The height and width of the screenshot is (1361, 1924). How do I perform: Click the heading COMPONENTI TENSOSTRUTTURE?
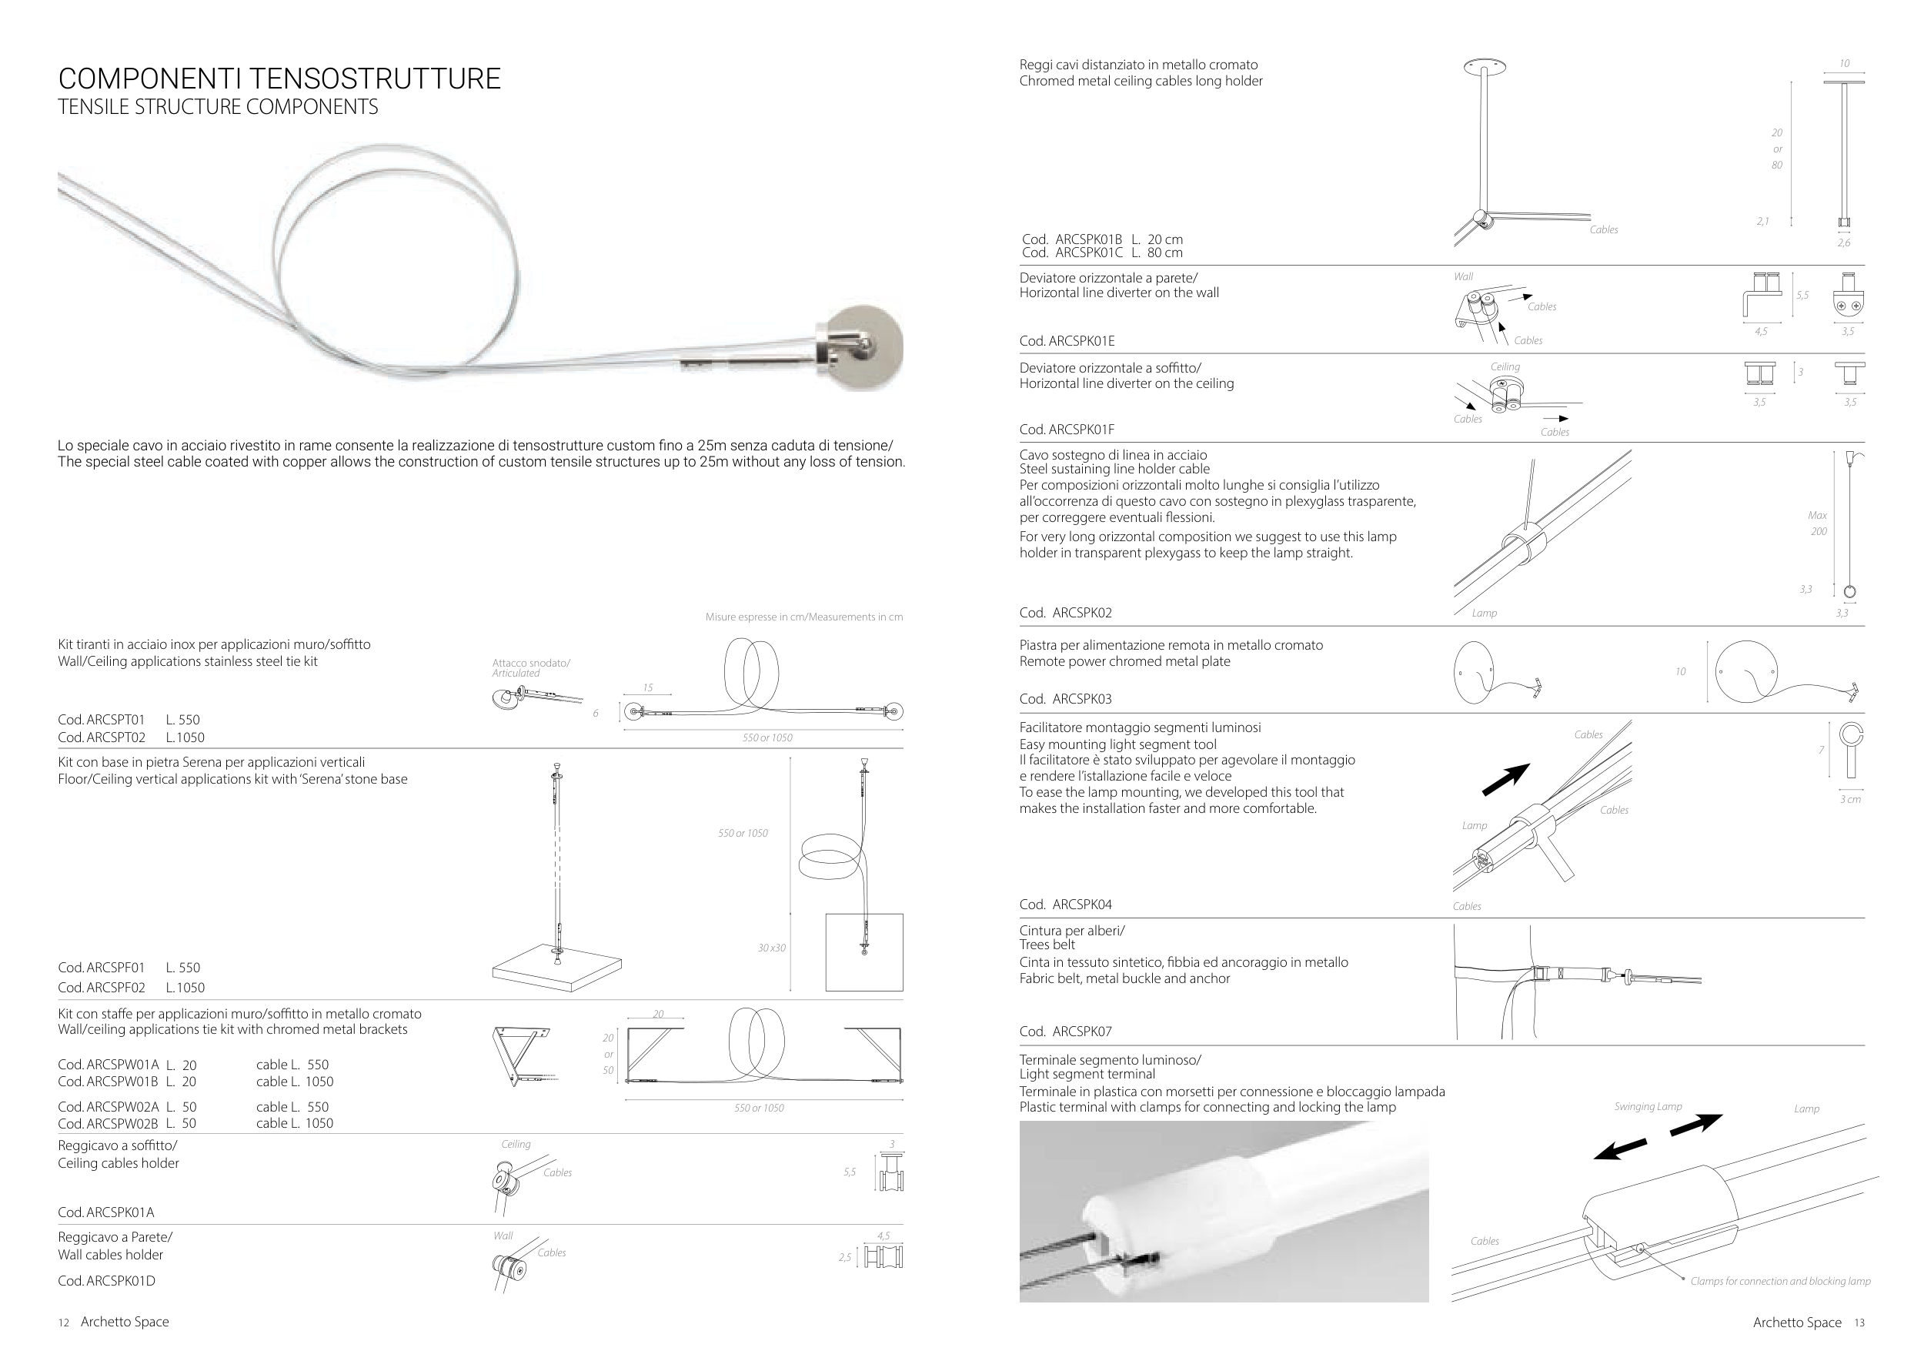[x=279, y=79]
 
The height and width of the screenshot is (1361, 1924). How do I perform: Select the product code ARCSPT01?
[x=102, y=720]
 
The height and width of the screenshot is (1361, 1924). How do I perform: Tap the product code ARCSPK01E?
[x=1067, y=341]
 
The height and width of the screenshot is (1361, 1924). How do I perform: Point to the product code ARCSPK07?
[x=1066, y=1032]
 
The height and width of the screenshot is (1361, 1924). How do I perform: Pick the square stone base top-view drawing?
[x=864, y=952]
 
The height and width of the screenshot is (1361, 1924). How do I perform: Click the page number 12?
[x=64, y=1323]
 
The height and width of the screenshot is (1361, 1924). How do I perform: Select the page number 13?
[x=1859, y=1323]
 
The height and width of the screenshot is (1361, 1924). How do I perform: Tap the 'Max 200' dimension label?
[x=1818, y=523]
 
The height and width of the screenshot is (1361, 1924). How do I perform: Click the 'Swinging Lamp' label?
[x=1648, y=1107]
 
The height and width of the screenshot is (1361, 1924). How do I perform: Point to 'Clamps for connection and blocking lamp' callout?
[x=1780, y=1282]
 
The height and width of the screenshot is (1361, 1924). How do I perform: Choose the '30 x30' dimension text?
[x=772, y=948]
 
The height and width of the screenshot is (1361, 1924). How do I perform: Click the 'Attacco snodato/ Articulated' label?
[x=530, y=668]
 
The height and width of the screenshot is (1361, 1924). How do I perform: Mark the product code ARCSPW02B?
[x=108, y=1124]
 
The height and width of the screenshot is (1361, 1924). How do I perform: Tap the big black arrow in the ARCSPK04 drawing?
[x=1506, y=779]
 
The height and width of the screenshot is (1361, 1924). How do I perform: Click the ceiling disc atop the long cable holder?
[x=1484, y=66]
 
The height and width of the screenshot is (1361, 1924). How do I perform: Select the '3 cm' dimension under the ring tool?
[x=1850, y=800]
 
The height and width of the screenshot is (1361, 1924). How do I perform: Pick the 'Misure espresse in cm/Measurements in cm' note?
[x=803, y=617]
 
